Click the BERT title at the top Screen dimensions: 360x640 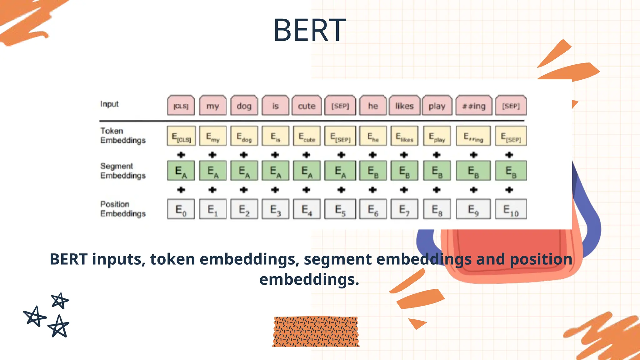(x=309, y=30)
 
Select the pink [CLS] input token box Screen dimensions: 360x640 (x=181, y=106)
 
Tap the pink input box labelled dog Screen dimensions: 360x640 (x=244, y=106)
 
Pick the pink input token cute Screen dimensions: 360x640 (x=307, y=106)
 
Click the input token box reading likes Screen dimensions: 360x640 (x=404, y=106)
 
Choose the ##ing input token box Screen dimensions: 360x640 (x=474, y=106)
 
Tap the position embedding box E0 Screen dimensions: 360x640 (x=181, y=209)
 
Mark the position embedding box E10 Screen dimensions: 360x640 (x=511, y=209)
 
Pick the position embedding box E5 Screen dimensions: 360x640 (x=340, y=209)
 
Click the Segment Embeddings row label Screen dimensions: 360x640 (x=123, y=171)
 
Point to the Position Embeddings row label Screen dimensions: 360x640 (x=123, y=209)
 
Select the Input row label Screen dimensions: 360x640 (x=109, y=104)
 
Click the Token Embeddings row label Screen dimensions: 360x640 (x=123, y=135)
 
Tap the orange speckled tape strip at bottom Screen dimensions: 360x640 (x=316, y=332)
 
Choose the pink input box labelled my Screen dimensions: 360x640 (x=213, y=106)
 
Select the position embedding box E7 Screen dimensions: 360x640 (x=404, y=209)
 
